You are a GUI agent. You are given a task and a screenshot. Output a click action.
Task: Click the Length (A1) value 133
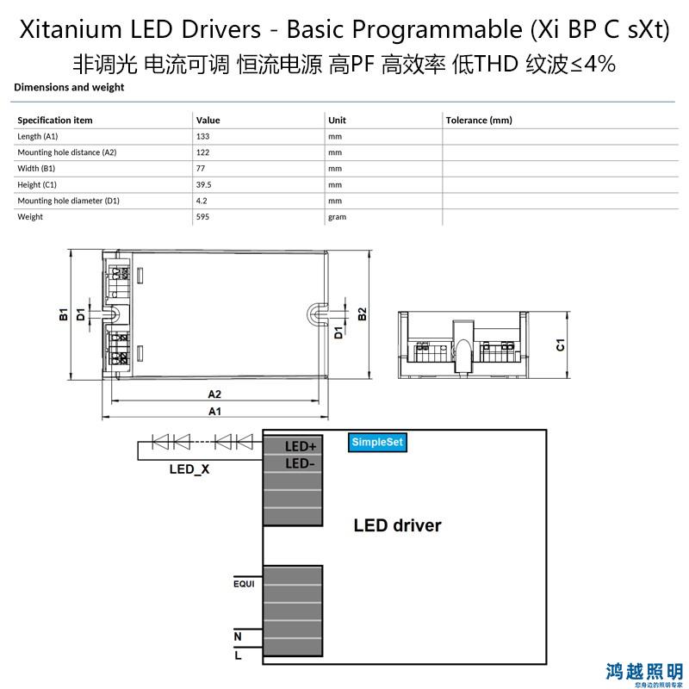pyautogui.click(x=202, y=136)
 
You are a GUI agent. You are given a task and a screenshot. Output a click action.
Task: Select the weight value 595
pyautogui.click(x=202, y=217)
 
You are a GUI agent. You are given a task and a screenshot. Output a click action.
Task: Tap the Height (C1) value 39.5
pyautogui.click(x=203, y=184)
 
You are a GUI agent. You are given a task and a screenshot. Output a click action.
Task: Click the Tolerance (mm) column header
pyautogui.click(x=479, y=120)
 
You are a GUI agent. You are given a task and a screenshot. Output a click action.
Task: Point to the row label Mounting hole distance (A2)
pyautogui.click(x=67, y=152)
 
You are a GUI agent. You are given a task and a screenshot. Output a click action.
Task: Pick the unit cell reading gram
pyautogui.click(x=337, y=217)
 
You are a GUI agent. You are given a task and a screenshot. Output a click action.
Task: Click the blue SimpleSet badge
pyautogui.click(x=377, y=442)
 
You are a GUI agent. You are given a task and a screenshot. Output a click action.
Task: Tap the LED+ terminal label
pyautogui.click(x=301, y=446)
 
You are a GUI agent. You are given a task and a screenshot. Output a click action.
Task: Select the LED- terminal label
pyautogui.click(x=300, y=463)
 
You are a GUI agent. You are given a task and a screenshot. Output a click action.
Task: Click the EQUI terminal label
pyautogui.click(x=244, y=584)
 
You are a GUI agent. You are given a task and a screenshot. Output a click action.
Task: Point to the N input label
pyautogui.click(x=238, y=636)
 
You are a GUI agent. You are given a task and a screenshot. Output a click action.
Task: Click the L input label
pyautogui.click(x=238, y=655)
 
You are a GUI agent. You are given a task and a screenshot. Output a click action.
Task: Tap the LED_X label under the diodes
pyautogui.click(x=189, y=469)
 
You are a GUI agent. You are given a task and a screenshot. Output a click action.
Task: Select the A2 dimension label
pyautogui.click(x=214, y=394)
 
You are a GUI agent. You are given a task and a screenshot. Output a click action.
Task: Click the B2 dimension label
pyautogui.click(x=362, y=313)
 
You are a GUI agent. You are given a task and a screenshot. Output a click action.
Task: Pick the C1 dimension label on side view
pyautogui.click(x=561, y=345)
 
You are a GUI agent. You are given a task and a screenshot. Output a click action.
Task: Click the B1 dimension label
pyautogui.click(x=64, y=314)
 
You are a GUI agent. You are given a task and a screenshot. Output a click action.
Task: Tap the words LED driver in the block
pyautogui.click(x=397, y=525)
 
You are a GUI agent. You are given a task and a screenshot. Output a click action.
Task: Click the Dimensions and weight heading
pyautogui.click(x=69, y=87)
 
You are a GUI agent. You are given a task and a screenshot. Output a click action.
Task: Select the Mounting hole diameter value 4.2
pyautogui.click(x=202, y=201)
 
